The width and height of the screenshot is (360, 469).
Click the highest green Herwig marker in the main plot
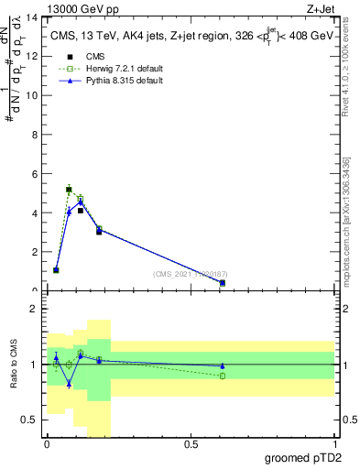69,190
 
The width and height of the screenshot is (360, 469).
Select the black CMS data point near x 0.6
223,283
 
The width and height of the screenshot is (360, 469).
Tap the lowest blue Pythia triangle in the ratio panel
69,384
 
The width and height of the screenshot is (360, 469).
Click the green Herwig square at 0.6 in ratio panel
223,376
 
